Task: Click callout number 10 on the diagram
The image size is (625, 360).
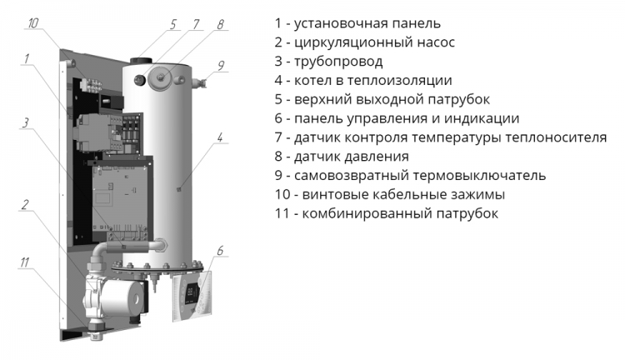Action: (33, 22)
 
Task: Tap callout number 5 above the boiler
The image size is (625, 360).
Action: (173, 24)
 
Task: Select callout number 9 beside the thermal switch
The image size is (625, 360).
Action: (221, 65)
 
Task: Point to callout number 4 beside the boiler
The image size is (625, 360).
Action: (220, 137)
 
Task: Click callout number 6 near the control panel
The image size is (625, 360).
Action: (220, 251)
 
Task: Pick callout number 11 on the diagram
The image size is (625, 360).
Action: (25, 262)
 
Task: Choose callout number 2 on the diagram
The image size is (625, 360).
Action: (25, 205)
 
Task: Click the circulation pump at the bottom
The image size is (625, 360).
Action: (117, 297)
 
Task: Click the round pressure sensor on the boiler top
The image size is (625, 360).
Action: (162, 78)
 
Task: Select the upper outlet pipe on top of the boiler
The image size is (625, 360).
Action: (140, 61)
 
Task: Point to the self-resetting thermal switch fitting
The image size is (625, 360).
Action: (199, 82)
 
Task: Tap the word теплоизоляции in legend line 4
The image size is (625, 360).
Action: (400, 81)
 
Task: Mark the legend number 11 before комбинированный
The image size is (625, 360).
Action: (282, 213)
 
